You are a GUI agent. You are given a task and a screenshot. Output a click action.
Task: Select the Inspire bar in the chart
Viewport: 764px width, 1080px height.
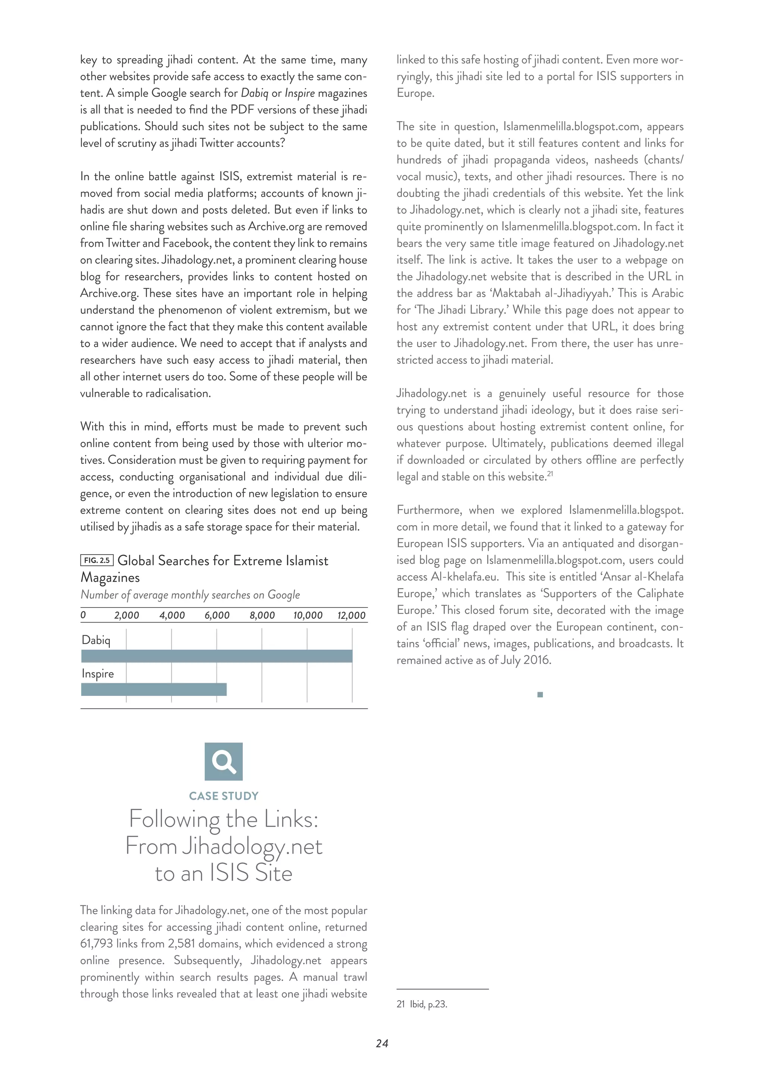point(154,689)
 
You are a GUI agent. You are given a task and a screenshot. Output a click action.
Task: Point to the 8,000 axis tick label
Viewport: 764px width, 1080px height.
point(262,615)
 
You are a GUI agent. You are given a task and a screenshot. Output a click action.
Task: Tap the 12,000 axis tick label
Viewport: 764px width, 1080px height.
point(351,615)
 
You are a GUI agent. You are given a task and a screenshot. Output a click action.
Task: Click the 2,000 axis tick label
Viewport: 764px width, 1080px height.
point(126,615)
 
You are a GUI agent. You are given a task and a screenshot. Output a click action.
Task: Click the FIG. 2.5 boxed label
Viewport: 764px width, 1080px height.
point(97,560)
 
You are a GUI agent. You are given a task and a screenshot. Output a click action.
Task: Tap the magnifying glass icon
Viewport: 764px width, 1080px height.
point(223,762)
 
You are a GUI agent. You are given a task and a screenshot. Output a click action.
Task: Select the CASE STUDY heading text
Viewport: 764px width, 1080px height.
point(223,796)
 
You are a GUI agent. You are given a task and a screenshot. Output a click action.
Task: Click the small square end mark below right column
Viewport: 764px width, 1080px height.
point(540,694)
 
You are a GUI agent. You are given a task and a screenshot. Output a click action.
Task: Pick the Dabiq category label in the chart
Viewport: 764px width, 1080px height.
point(96,640)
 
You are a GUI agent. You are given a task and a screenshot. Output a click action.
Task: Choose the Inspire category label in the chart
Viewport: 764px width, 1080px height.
point(97,674)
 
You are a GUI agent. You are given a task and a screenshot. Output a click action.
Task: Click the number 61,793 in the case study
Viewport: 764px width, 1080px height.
point(97,944)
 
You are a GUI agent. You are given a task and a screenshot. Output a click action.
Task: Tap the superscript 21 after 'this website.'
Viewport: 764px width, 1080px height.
point(550,474)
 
